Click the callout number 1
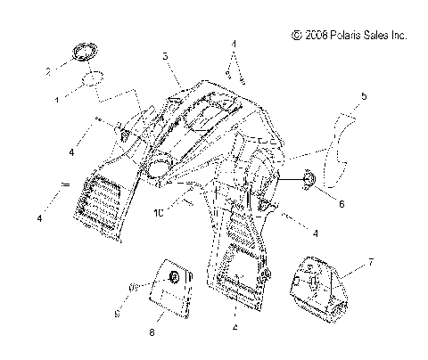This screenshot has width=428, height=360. tap(57, 100)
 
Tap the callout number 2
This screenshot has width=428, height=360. tap(48, 71)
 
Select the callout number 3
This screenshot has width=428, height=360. tap(166, 56)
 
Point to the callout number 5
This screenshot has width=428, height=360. tap(364, 96)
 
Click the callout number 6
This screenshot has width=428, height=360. tap(342, 204)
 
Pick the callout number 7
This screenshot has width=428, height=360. tap(370, 263)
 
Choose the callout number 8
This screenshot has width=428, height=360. tap(152, 332)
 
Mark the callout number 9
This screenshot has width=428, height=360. tap(118, 314)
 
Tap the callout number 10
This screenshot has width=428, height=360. tap(159, 213)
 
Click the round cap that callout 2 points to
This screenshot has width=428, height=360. tap(86, 53)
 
